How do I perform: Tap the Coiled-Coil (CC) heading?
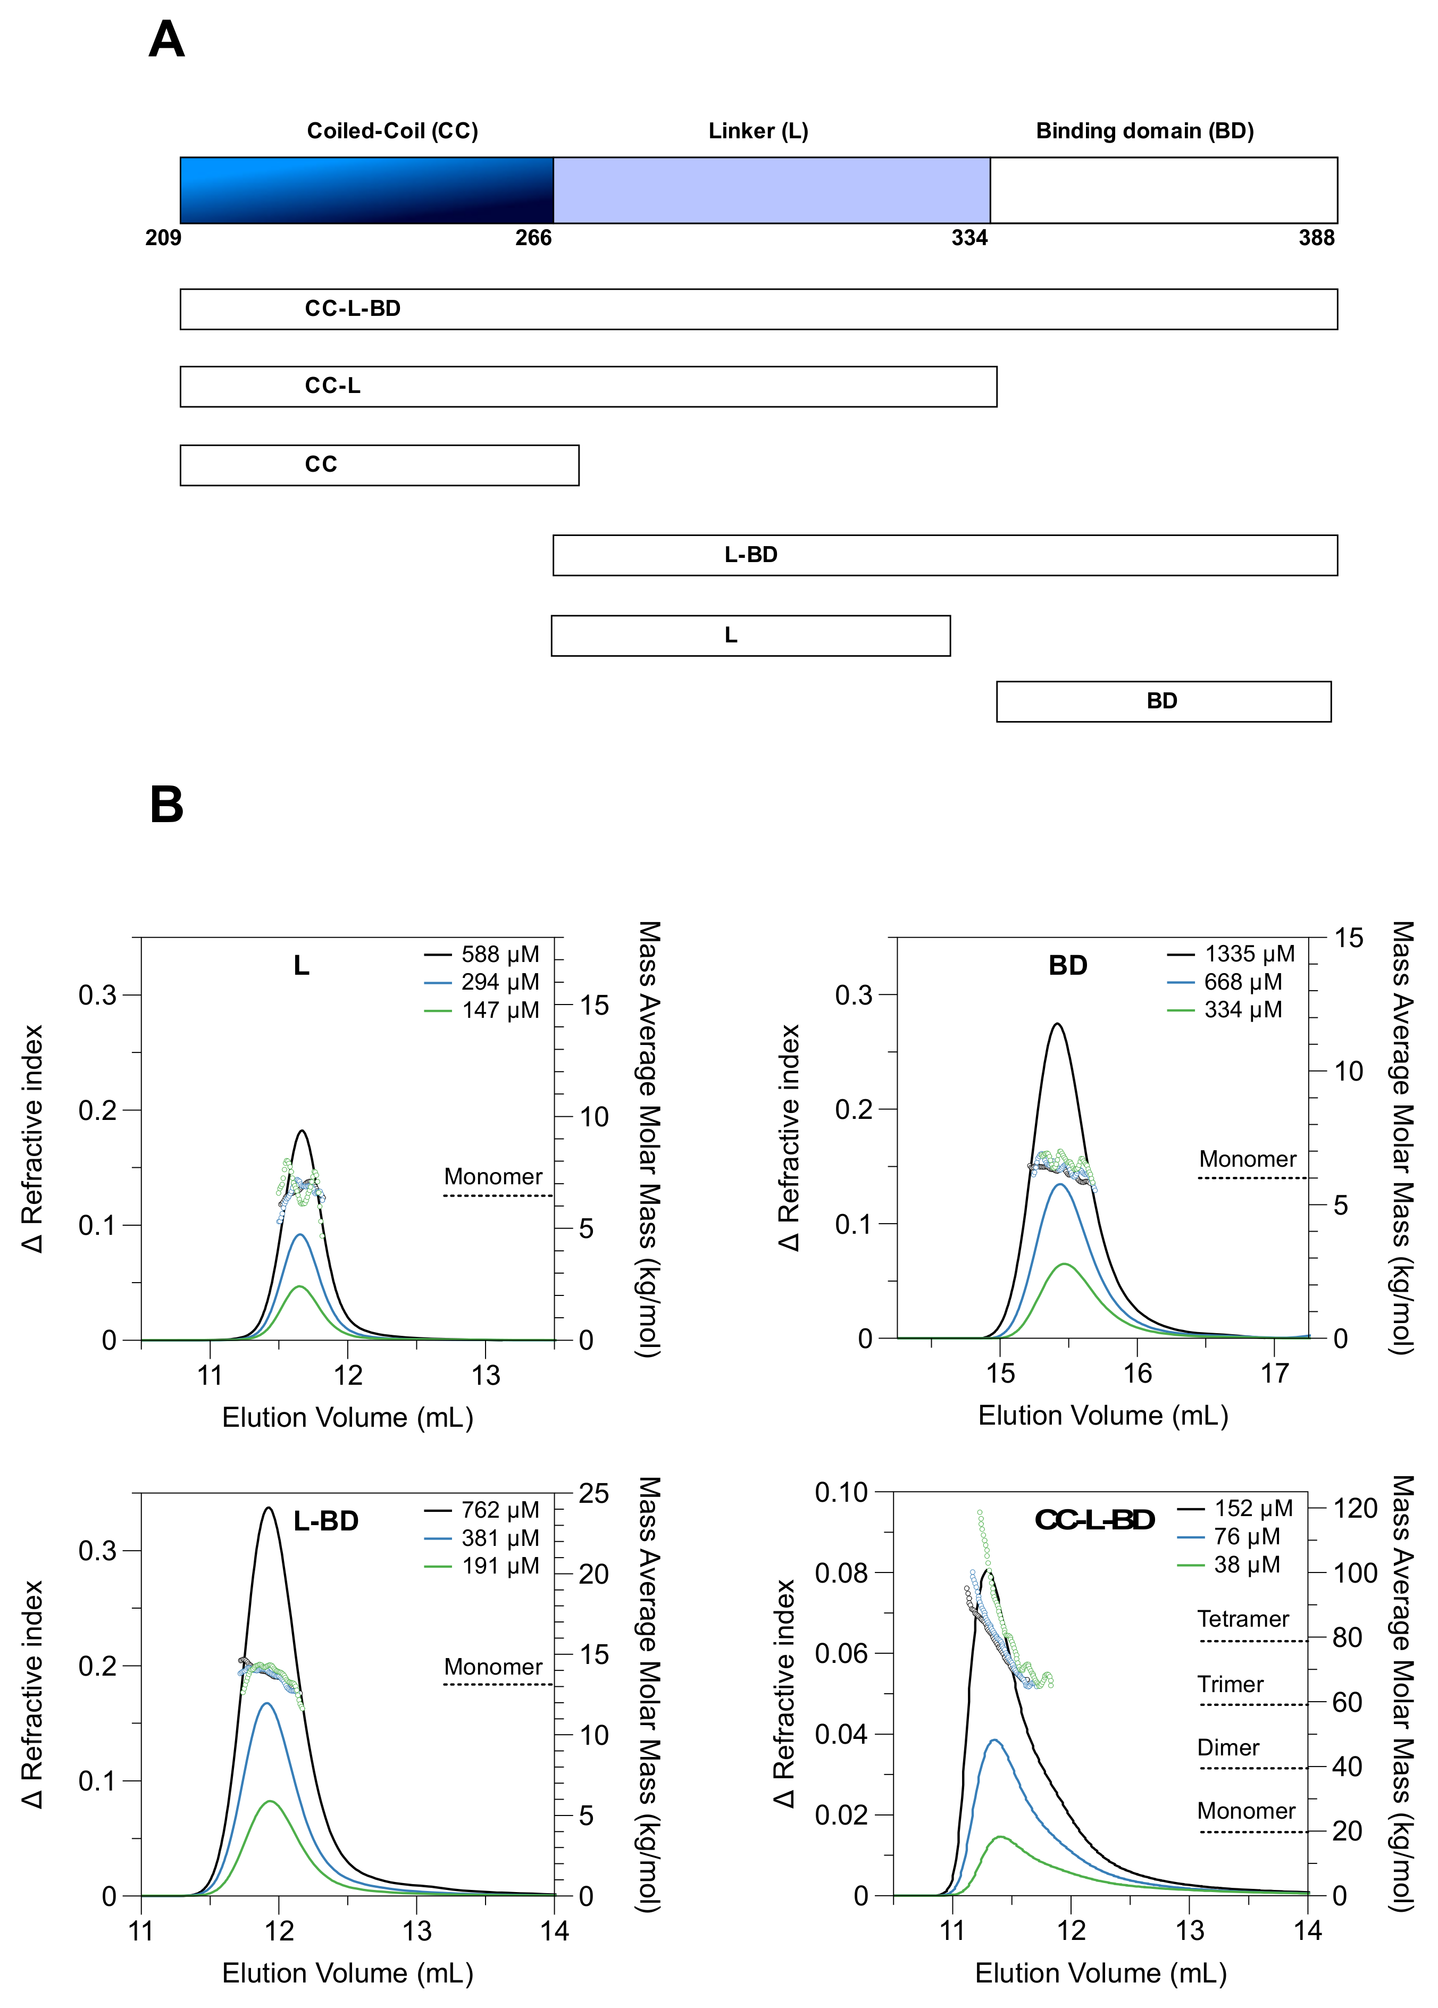(x=392, y=131)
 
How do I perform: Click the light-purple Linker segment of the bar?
(x=771, y=190)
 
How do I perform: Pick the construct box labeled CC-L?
(x=588, y=387)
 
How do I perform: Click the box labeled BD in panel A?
(x=1163, y=701)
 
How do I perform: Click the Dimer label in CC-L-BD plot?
(x=1227, y=1748)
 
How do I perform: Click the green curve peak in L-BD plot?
(x=270, y=1802)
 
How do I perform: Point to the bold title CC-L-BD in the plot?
(x=1094, y=1520)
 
